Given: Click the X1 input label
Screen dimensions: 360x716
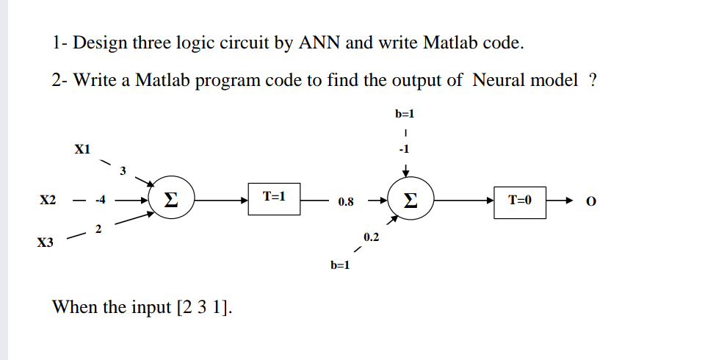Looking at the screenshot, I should pos(82,149).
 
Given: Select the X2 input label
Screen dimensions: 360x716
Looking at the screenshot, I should pos(48,200).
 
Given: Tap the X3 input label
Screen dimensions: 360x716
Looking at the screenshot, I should pos(46,242).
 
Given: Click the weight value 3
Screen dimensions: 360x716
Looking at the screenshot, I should pos(123,171).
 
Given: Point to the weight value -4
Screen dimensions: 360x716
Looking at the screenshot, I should pos(101,200).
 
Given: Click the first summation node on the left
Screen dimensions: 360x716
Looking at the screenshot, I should pos(171,200).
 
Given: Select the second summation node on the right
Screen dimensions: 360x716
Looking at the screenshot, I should pos(409,200).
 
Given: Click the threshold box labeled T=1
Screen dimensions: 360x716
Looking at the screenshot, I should pos(273,198).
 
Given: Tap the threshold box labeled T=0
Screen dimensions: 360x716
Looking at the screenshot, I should pos(519,200).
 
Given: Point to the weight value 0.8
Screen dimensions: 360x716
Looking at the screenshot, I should pos(346,201).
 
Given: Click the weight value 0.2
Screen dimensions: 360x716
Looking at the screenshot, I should pos(371,237).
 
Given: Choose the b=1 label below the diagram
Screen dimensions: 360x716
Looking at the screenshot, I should pos(340,265).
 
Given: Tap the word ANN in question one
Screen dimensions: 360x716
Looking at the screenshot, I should pos(317,43).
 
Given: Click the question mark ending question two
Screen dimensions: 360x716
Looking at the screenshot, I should pos(593,80).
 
